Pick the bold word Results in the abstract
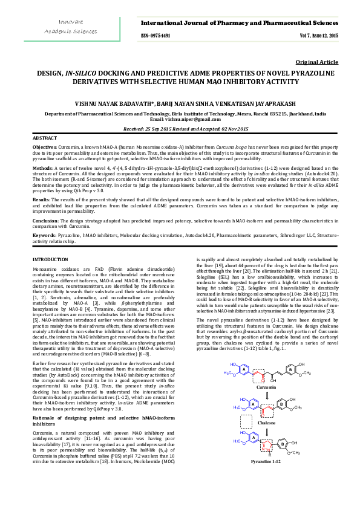(41, 198)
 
